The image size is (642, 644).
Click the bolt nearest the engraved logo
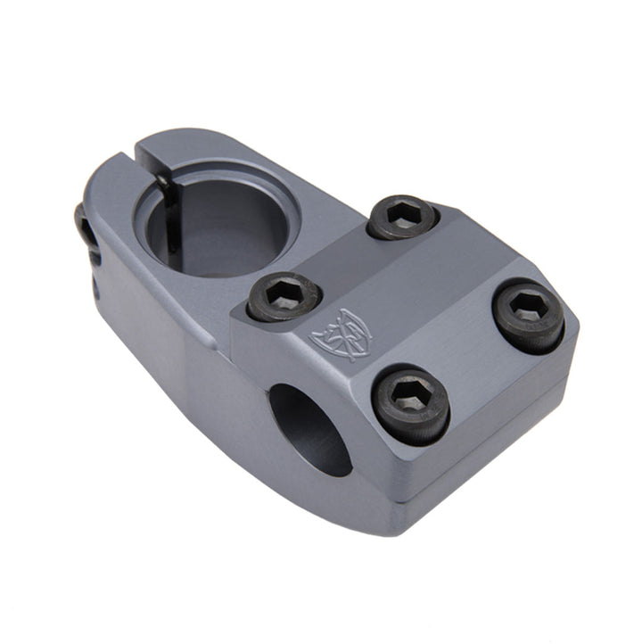pyautogui.click(x=284, y=296)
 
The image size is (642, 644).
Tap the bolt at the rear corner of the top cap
pyautogui.click(x=403, y=217)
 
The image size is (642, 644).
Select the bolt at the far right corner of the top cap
pyautogui.click(x=528, y=315)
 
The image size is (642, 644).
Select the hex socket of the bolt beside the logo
pyautogui.click(x=284, y=293)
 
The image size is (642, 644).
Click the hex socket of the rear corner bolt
pyautogui.click(x=403, y=214)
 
